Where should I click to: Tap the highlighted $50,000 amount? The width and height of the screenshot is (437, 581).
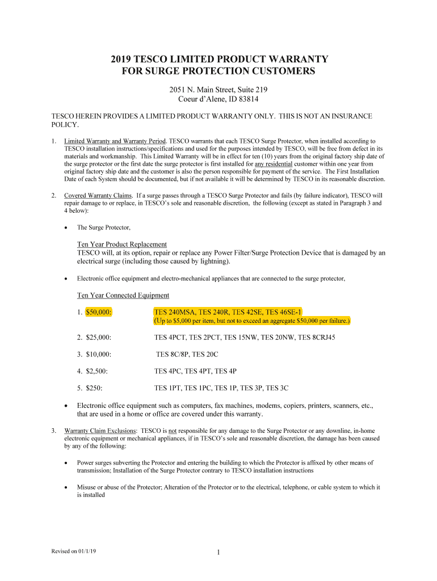coord(99,312)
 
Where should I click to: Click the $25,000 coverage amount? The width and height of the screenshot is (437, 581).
coord(99,337)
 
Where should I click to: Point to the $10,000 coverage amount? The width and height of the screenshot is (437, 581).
coord(99,354)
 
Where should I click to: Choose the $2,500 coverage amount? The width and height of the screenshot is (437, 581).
coord(97,371)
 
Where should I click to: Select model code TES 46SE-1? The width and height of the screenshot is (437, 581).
coord(284,312)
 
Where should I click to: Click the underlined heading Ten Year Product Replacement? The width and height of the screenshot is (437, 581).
coord(122,244)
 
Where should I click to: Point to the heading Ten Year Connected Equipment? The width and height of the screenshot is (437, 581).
coord(123,295)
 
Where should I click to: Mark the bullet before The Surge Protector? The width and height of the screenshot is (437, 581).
coord(66,228)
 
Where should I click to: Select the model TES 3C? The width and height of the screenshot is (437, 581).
coord(278,388)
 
